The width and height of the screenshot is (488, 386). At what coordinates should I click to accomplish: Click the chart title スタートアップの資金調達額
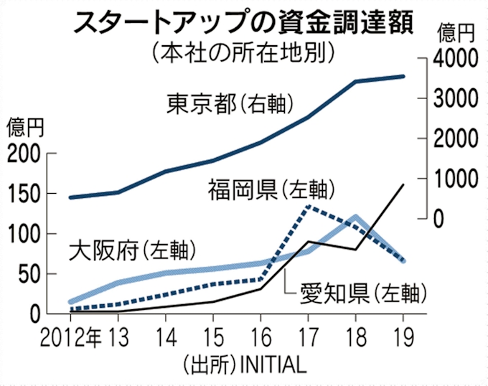pos(240,21)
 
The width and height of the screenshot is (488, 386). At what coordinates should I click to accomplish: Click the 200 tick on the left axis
pos(26,154)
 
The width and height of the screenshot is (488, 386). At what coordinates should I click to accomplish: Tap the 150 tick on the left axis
pos(26,194)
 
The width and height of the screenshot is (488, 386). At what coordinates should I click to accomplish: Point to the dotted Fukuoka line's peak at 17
pos(308,207)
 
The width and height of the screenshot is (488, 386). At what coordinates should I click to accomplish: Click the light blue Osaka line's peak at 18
pos(356,216)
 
